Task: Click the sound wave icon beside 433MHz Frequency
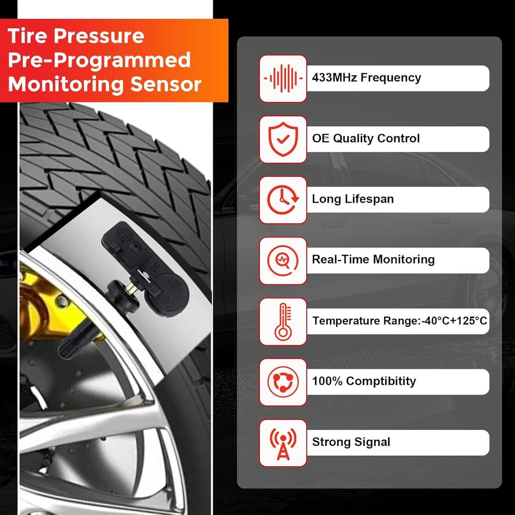click(x=283, y=78)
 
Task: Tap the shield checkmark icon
click(x=283, y=139)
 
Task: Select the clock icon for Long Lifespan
click(x=283, y=200)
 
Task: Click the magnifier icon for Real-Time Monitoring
click(x=283, y=261)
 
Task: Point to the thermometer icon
click(x=283, y=321)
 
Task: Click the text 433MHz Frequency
click(x=366, y=78)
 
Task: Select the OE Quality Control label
click(x=366, y=139)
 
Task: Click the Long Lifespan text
click(x=353, y=199)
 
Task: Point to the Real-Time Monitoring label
click(x=373, y=260)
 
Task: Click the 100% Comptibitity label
click(x=364, y=381)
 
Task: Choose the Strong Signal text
click(x=351, y=443)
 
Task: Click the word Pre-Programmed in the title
click(x=100, y=60)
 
